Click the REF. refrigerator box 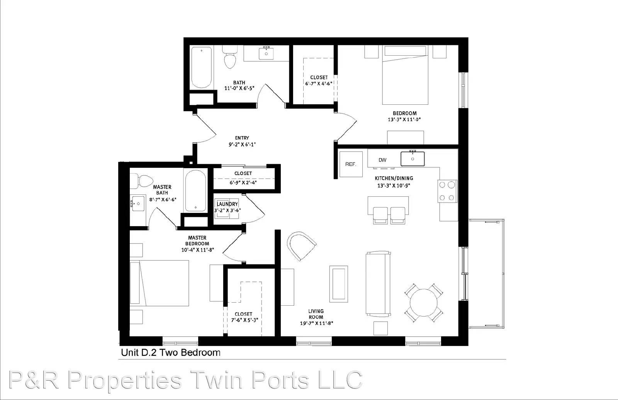[351, 164]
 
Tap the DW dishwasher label [382, 160]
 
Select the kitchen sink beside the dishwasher [413, 159]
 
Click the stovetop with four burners [447, 191]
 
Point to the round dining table [423, 303]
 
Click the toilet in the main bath [230, 57]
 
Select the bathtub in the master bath [195, 191]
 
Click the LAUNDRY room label [228, 204]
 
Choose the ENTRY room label [242, 138]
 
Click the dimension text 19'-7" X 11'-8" [317, 323]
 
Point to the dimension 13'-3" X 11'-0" [404, 119]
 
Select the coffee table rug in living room [338, 284]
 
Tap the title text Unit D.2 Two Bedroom [171, 352]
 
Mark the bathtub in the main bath [202, 67]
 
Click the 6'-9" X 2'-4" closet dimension [243, 182]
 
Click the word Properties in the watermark [125, 380]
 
